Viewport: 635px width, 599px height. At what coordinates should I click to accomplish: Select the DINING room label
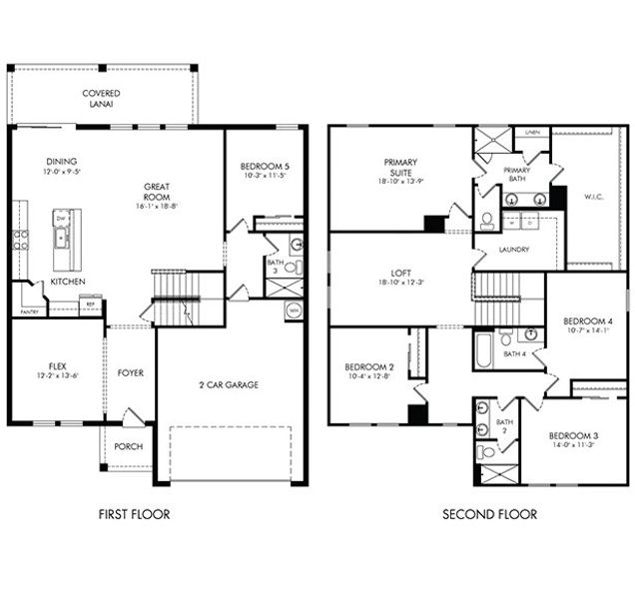click(61, 162)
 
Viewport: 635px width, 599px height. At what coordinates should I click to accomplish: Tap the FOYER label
click(131, 373)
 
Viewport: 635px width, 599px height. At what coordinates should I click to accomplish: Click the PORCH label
click(128, 446)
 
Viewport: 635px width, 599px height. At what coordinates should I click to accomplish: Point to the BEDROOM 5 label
click(265, 166)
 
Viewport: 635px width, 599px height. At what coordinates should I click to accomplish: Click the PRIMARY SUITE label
click(400, 168)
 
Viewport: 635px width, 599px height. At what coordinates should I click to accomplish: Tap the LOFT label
click(400, 272)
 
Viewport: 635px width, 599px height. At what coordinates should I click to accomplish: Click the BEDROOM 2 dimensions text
click(369, 377)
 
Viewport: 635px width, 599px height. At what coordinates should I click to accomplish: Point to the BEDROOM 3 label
click(573, 436)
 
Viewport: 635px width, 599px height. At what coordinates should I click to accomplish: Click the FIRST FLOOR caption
click(134, 515)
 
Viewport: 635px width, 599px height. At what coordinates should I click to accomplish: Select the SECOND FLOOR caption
click(489, 515)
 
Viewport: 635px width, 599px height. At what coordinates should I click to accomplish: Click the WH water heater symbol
click(293, 311)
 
